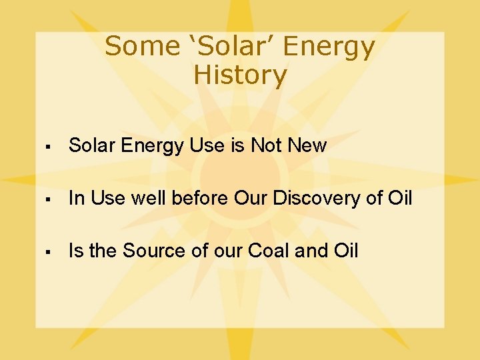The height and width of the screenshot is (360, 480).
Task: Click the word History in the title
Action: point(240,75)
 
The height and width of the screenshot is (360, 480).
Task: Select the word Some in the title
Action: point(133,47)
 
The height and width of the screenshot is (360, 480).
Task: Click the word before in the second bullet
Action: point(200,198)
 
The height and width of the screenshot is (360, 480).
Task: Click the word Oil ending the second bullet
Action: point(400,198)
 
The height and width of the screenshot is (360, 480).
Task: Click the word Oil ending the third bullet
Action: point(345,251)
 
